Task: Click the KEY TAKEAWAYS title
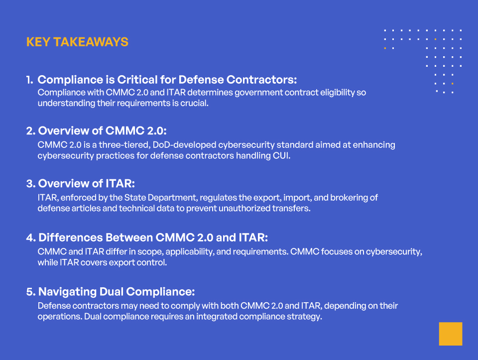(77, 42)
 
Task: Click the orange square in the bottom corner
(450, 334)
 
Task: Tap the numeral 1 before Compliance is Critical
(29, 80)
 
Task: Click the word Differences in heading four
(69, 238)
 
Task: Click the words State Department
(142, 198)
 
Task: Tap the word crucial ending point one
(194, 103)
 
